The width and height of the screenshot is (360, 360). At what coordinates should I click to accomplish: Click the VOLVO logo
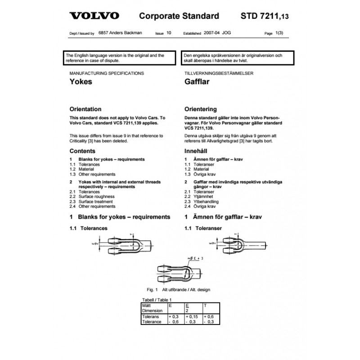coord(94,16)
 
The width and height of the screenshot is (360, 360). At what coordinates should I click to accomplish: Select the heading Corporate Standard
coord(179,16)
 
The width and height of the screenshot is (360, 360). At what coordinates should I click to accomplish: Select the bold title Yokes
coord(81,82)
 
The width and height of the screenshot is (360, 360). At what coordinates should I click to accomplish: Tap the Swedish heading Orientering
coord(201,109)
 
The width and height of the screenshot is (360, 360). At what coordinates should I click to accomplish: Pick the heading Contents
coord(82,152)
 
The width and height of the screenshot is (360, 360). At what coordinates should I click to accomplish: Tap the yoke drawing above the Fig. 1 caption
coord(175,270)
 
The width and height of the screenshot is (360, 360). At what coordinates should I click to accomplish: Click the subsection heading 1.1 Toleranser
coord(203,229)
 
